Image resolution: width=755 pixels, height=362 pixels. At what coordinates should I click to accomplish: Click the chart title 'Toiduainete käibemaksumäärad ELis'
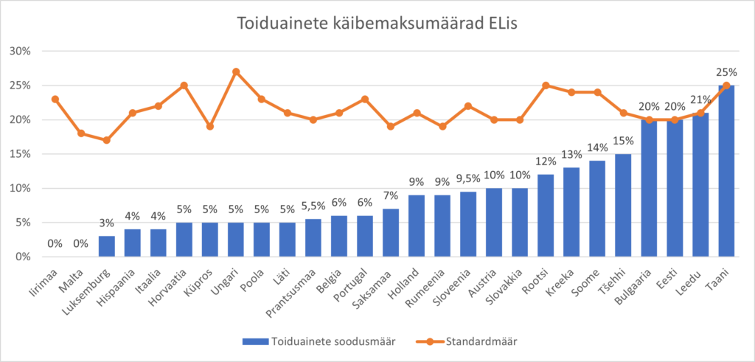click(x=377, y=24)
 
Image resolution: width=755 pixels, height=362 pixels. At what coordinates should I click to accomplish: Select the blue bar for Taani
click(x=726, y=171)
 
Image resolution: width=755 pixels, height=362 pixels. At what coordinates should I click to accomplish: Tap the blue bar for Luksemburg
click(x=107, y=246)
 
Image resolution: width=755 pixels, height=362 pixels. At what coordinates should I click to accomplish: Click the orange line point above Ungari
click(x=236, y=72)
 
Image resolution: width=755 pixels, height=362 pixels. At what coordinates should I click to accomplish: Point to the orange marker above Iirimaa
click(x=55, y=99)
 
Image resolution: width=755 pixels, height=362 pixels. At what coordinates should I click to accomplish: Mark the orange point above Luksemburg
click(x=107, y=140)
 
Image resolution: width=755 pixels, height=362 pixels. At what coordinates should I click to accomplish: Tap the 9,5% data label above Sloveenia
click(x=468, y=177)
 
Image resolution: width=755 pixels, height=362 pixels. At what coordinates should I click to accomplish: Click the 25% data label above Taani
click(x=726, y=72)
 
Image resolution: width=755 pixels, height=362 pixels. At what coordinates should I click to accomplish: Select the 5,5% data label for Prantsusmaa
click(x=313, y=205)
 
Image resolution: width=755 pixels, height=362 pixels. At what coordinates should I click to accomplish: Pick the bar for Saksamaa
click(x=391, y=232)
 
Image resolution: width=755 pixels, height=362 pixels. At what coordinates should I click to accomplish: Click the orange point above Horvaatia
click(x=184, y=86)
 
